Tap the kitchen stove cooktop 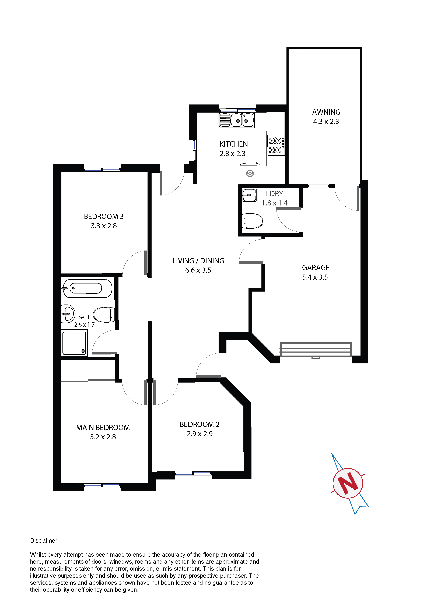[276, 145]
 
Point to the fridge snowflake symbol [250, 173]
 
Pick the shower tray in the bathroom [75, 343]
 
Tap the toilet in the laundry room [252, 221]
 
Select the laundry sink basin [249, 195]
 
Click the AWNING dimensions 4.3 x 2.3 [326, 122]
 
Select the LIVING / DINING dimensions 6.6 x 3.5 [198, 270]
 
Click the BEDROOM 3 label [104, 217]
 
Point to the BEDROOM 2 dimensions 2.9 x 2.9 [200, 434]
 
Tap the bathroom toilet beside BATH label [104, 315]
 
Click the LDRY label [274, 194]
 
